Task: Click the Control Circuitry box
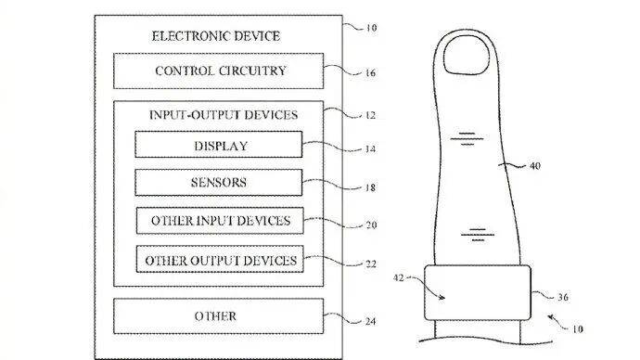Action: click(218, 71)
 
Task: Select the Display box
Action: click(219, 145)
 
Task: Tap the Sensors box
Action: click(219, 183)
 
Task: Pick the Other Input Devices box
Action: click(220, 221)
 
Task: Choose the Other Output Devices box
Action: click(220, 259)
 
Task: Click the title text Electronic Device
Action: click(216, 36)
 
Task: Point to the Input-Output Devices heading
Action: click(224, 115)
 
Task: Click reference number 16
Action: click(370, 73)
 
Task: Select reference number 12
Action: click(370, 115)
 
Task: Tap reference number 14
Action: click(370, 149)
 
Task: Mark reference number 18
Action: click(370, 187)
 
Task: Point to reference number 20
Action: click(371, 225)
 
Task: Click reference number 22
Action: click(371, 264)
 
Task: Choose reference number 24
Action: click(370, 322)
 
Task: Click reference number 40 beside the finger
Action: click(534, 166)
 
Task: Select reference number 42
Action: click(398, 278)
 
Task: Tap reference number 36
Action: click(563, 297)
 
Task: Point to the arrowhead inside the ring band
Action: click(442, 298)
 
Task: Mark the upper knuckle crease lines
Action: click(467, 139)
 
